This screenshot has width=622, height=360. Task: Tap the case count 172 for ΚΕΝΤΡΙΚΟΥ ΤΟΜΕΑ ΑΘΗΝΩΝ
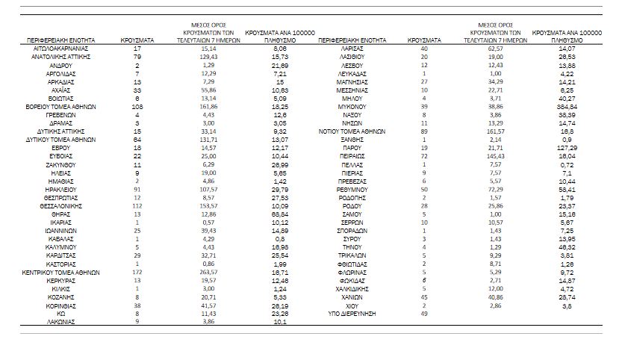137,273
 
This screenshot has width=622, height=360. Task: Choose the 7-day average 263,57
208,273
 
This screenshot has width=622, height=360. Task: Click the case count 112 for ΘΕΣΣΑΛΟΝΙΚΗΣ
137,205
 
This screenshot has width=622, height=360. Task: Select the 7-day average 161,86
208,107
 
